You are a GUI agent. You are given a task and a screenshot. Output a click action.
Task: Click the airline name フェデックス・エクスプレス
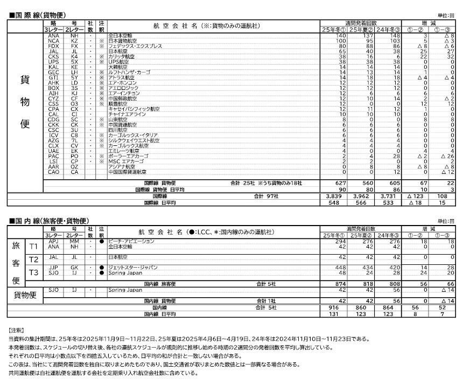pos(135,46)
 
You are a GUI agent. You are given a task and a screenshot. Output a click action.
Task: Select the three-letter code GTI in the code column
pos(53,77)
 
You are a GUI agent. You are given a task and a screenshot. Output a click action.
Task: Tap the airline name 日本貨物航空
pos(124,41)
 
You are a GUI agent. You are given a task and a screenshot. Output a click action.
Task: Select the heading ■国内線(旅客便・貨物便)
pos(48,221)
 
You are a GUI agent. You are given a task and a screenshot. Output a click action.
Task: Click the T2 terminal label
pos(33,258)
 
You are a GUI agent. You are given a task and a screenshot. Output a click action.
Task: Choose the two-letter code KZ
pos(74,41)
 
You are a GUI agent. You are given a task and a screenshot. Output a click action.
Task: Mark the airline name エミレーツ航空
pos(124,151)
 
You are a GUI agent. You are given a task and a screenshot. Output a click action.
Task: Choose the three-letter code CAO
pos(53,172)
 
